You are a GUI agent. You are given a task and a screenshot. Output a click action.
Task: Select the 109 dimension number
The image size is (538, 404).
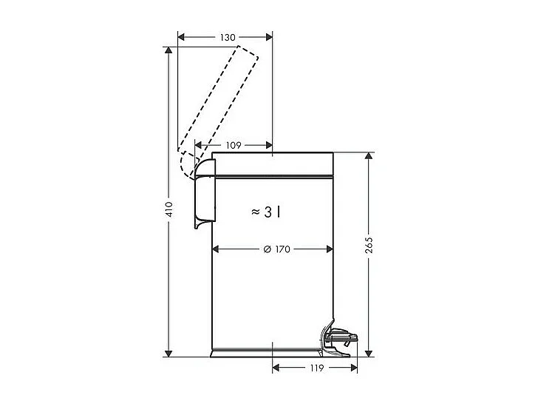pos(233,146)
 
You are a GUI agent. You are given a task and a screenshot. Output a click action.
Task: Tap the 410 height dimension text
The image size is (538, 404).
pos(169,211)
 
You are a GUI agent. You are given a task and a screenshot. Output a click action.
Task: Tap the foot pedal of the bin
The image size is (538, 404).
pos(341,338)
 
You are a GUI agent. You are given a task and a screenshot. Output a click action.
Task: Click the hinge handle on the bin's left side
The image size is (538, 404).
pos(202,196)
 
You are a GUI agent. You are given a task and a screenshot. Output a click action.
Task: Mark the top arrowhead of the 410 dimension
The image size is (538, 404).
pos(169,51)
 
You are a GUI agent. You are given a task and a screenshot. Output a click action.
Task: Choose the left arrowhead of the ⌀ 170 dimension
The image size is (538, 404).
pos(217,249)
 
